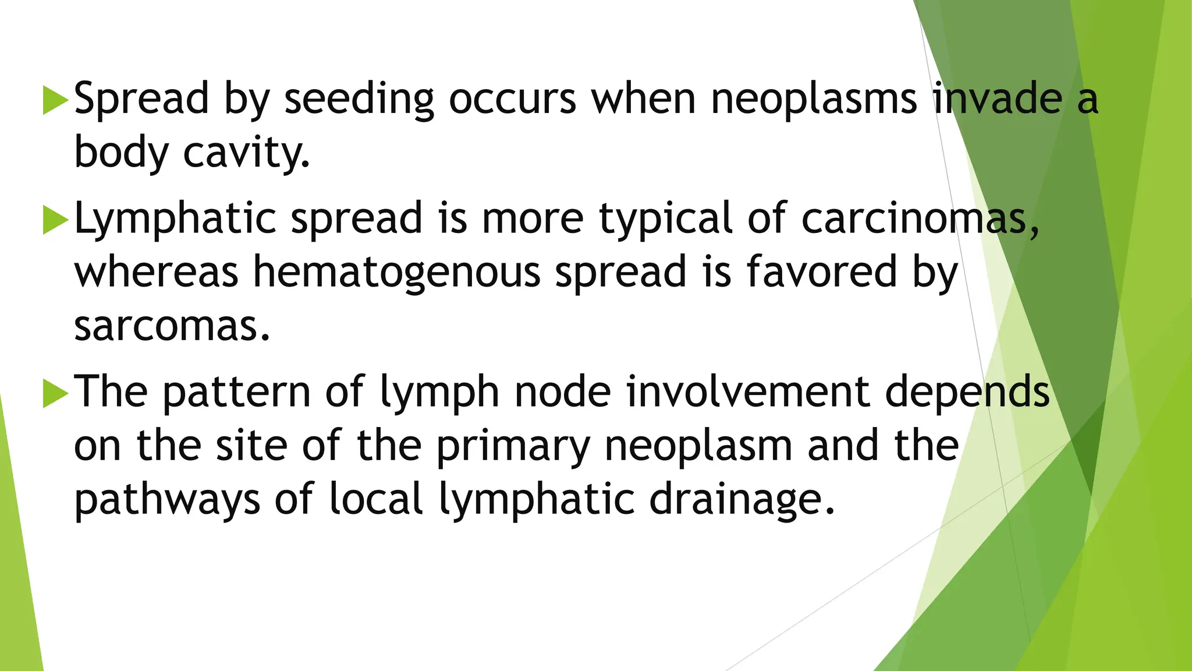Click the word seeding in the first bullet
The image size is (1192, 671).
coord(359,99)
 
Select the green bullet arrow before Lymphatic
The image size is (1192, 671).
coord(56,220)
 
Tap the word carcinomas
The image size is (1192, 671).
coord(920,218)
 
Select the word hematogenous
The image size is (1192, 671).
coord(397,273)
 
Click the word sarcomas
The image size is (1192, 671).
coord(172,326)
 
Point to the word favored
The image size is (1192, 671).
coord(821,271)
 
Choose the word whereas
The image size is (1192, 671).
coord(156,273)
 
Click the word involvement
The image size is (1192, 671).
coord(748,392)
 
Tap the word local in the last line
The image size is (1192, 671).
coord(376,500)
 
